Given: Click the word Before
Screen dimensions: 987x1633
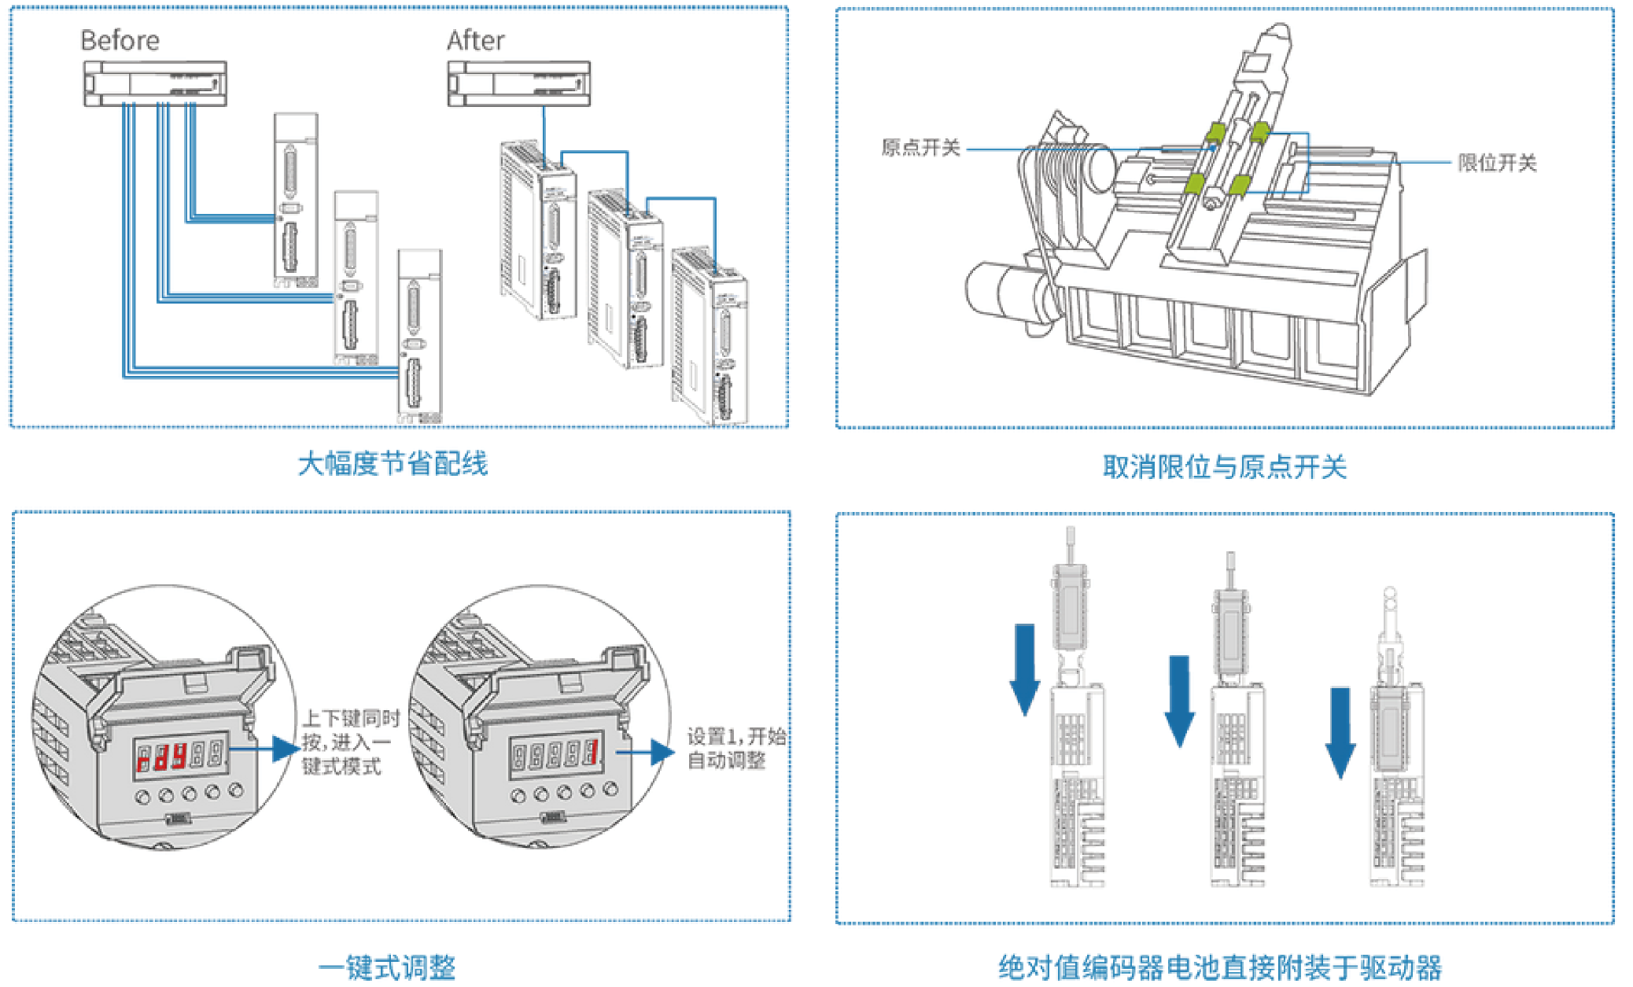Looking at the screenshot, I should [120, 40].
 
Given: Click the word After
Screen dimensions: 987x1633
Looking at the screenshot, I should [475, 40].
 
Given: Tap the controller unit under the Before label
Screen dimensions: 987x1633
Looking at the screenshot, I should [155, 83].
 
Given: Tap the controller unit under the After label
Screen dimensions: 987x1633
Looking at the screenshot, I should [518, 83].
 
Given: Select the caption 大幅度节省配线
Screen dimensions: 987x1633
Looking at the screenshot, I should [393, 464].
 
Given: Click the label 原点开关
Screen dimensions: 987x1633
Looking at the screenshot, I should [920, 148].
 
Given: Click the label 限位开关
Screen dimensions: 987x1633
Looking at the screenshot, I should [1496, 163].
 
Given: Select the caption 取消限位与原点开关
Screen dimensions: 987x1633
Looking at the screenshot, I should [1224, 467].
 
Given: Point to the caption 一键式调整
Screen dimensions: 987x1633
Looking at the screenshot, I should [387, 967].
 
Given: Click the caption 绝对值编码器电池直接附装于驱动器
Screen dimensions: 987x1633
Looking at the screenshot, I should [1220, 967].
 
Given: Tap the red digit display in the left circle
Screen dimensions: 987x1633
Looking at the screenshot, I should [179, 757].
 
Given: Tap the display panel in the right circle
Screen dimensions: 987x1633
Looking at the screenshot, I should [555, 755].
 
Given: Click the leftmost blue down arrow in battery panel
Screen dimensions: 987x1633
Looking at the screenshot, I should [1024, 668].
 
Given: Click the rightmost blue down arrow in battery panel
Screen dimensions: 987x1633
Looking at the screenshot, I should [1340, 731].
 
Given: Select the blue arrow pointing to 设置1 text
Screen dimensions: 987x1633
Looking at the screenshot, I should [649, 753].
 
